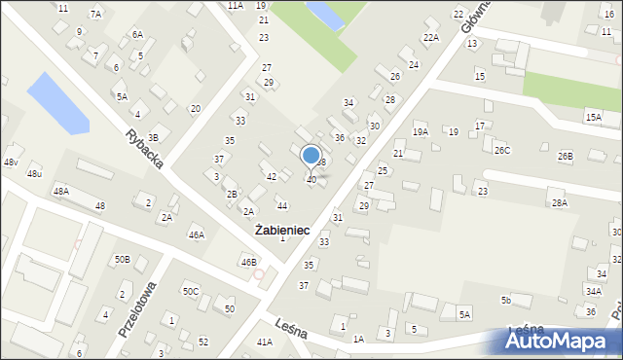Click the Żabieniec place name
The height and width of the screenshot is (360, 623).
pyautogui.click(x=282, y=231)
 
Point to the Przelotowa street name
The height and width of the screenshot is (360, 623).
pyautogui.click(x=137, y=308)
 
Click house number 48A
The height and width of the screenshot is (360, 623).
pyautogui.click(x=61, y=192)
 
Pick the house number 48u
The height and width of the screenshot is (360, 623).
pyautogui.click(x=35, y=173)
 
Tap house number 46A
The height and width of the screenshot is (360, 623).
pyautogui.click(x=197, y=234)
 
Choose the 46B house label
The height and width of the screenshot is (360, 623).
pyautogui.click(x=249, y=262)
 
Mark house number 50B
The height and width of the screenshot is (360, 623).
pyautogui.click(x=122, y=260)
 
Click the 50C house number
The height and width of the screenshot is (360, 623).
pyautogui.click(x=191, y=291)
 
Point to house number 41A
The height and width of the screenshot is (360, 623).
pyautogui.click(x=264, y=342)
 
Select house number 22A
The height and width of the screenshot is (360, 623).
pyautogui.click(x=430, y=37)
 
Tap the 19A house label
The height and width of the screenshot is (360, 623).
pyautogui.click(x=421, y=131)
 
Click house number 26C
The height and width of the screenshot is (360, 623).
pyautogui.click(x=501, y=150)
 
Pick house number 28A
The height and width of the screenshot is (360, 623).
pyautogui.click(x=559, y=202)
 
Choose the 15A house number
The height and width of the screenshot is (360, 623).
pyautogui.click(x=593, y=117)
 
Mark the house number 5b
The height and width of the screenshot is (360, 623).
pyautogui.click(x=505, y=300)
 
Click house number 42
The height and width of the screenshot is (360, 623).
pyautogui.click(x=272, y=176)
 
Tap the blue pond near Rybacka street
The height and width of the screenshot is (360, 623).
pyautogui.click(x=57, y=102)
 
